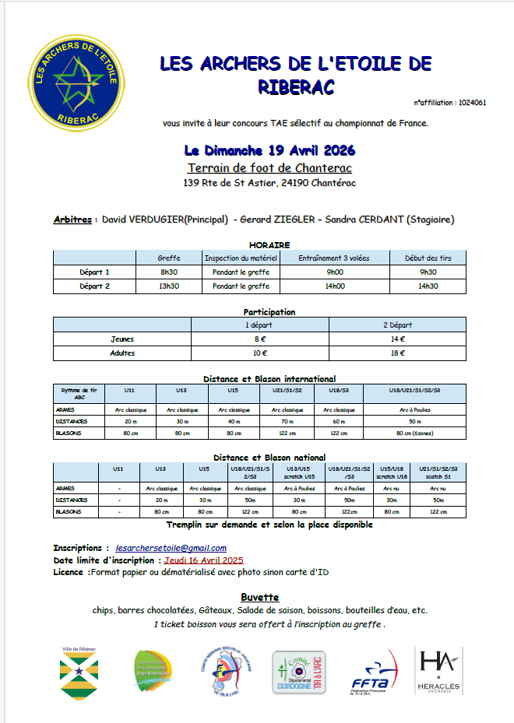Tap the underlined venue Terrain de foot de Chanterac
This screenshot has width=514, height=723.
(269, 168)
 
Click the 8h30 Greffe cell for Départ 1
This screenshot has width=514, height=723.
(169, 272)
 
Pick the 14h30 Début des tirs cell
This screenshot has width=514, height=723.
(428, 286)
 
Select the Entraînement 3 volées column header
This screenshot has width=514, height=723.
(334, 258)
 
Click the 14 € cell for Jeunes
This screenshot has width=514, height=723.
(398, 339)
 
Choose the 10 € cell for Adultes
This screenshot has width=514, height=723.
(261, 353)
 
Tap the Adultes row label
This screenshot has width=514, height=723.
(122, 353)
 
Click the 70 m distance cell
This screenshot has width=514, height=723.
(287, 421)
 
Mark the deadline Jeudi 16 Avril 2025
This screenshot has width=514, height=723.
(203, 560)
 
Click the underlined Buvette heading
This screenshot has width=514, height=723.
(259, 597)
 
